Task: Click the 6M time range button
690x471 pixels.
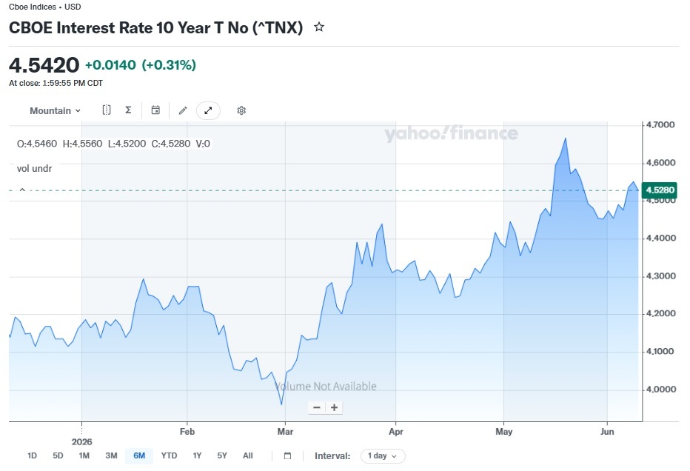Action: pyautogui.click(x=139, y=455)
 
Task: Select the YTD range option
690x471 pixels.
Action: pyautogui.click(x=169, y=455)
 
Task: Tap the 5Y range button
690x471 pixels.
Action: pyautogui.click(x=222, y=455)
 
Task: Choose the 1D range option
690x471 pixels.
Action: pyautogui.click(x=32, y=455)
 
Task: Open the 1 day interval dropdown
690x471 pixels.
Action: pyautogui.click(x=383, y=456)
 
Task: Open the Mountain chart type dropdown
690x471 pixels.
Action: pyautogui.click(x=55, y=111)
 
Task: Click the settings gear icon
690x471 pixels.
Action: pyautogui.click(x=241, y=110)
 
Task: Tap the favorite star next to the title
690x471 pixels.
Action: pyautogui.click(x=319, y=27)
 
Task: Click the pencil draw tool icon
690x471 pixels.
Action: pyautogui.click(x=183, y=110)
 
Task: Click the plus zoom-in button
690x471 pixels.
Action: pyautogui.click(x=335, y=407)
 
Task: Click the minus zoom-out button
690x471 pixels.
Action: pyautogui.click(x=317, y=407)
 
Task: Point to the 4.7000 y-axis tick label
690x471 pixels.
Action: pyautogui.click(x=660, y=125)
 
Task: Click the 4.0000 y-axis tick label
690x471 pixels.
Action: pyautogui.click(x=660, y=390)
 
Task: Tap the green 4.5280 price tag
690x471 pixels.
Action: pyautogui.click(x=660, y=190)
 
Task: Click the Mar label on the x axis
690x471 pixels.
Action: pyautogui.click(x=285, y=432)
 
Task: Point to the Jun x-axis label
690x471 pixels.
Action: pyautogui.click(x=607, y=432)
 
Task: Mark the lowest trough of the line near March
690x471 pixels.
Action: pyautogui.click(x=281, y=404)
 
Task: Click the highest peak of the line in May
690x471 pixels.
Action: pyautogui.click(x=566, y=138)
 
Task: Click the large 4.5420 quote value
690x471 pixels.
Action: pyautogui.click(x=44, y=65)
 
